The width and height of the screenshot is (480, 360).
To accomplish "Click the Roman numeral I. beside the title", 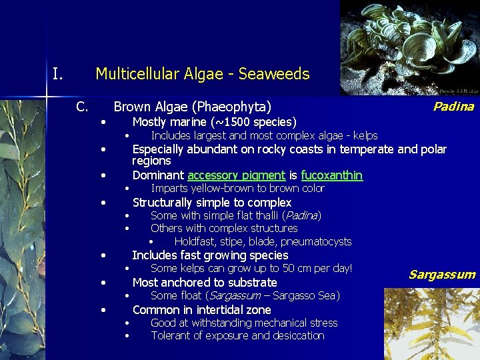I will tap(58, 73).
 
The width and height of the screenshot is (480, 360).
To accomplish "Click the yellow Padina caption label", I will tap(453, 107).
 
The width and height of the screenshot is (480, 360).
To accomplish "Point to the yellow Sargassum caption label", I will tap(441, 275).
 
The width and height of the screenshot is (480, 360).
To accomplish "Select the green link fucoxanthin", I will tap(331, 175).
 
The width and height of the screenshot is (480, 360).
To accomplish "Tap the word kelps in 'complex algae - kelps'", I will tap(364, 135).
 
